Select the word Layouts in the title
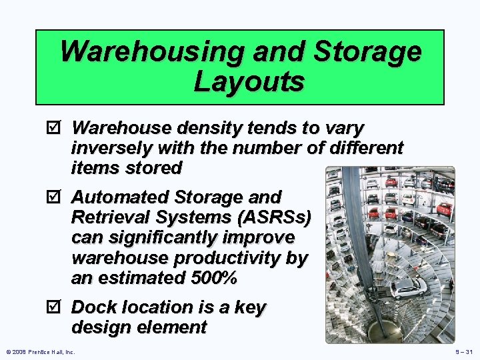coord(249,82)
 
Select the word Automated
coord(121,197)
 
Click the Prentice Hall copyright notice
coord(41,351)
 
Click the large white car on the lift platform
coord(407,287)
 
